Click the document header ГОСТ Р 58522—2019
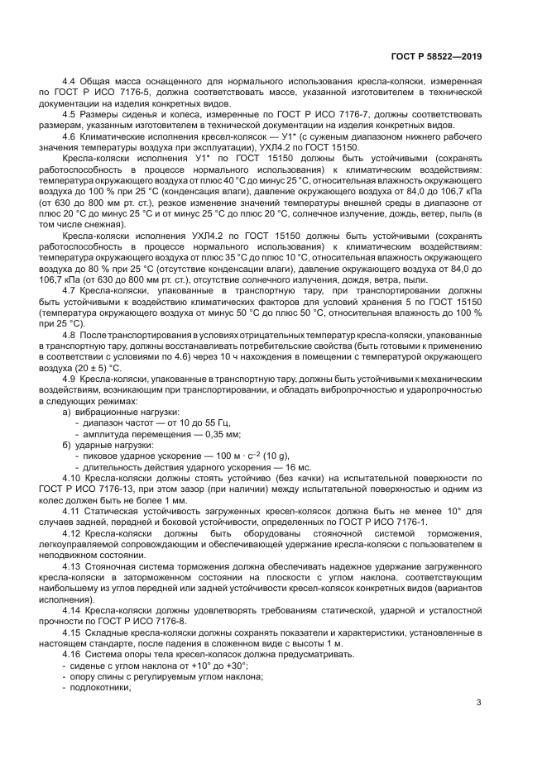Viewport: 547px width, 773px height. coord(436,56)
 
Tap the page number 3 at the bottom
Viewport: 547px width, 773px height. coord(479,703)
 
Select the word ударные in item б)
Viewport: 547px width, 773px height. coord(94,445)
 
